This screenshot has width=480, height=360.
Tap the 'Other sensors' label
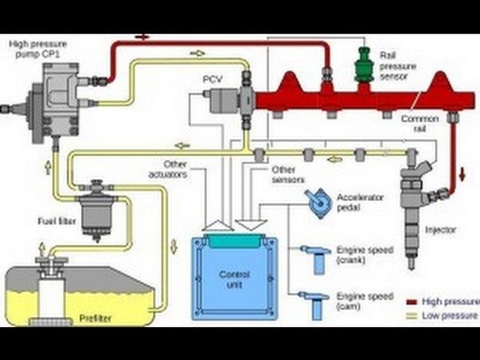pyautogui.click(x=288, y=174)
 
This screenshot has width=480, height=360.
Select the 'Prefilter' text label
pyautogui.click(x=96, y=318)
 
